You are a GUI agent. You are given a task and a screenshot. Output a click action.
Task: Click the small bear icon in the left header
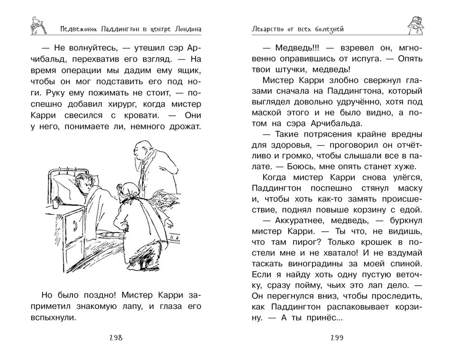pyautogui.click(x=34, y=25)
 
